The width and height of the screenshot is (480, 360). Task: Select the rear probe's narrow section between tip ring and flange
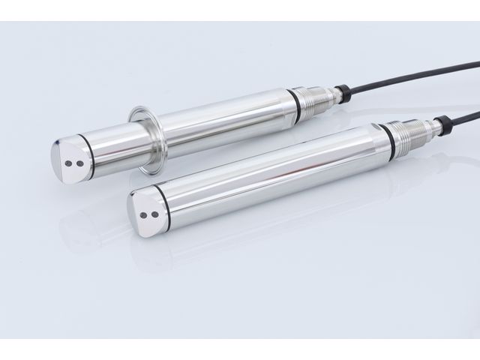(112, 146)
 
